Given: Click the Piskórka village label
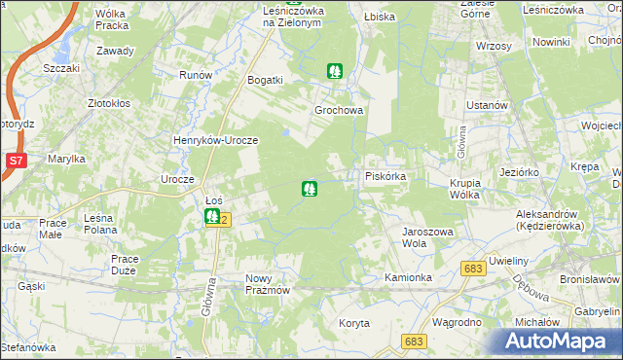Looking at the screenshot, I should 392,176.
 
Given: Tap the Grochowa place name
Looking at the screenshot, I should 339,110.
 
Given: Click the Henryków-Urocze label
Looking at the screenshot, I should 215,140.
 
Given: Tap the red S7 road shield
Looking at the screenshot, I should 15,161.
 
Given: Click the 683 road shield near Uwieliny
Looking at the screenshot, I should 474,269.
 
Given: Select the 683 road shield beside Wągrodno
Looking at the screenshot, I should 414,342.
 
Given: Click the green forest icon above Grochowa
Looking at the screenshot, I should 335,70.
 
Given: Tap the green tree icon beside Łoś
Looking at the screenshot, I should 212,217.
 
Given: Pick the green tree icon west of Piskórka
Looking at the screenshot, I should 310,188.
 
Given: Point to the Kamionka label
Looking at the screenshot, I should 408,277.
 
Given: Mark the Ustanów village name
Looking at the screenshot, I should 489,105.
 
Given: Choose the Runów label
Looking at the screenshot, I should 195,74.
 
